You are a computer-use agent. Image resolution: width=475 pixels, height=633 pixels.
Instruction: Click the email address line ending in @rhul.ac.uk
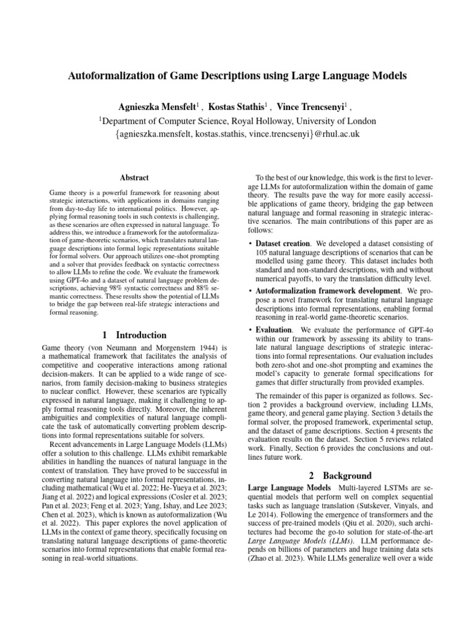(x=237, y=133)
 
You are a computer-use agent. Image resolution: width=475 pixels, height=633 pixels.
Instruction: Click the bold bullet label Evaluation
(x=274, y=330)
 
